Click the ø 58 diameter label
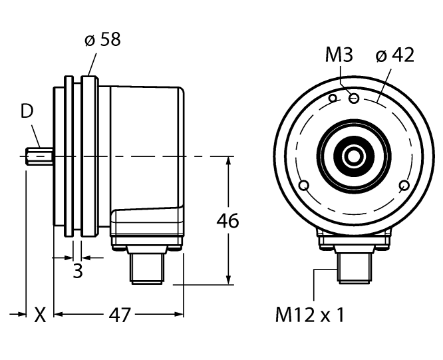coord(102,39)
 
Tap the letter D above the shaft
coord(27,111)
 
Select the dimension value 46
coord(228,222)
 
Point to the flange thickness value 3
coord(77,271)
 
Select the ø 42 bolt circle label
coord(394,56)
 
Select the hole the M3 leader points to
coord(354,98)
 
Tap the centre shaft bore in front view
coord(353,156)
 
